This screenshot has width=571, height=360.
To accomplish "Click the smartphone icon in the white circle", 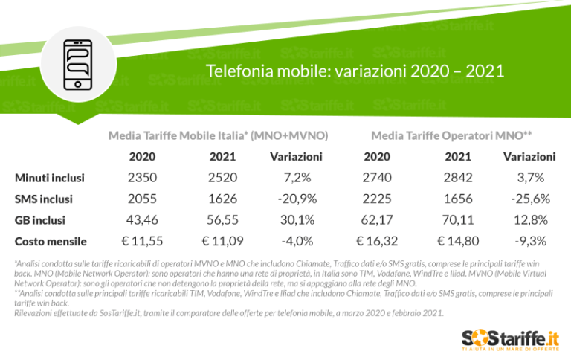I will coord(78,64).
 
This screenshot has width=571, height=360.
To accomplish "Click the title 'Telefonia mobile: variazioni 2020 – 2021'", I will coord(355,72).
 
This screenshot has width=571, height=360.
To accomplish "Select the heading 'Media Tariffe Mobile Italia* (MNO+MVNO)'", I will coord(219,135).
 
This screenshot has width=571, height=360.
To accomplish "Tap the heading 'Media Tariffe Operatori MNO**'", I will coord(451,135).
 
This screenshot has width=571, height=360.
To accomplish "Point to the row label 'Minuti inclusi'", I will coord(50,178).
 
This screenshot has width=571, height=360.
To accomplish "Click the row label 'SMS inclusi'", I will coord(44,199).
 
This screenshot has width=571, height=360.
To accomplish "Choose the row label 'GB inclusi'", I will coord(40,220).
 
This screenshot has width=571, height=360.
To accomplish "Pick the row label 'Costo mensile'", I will coord(51,241).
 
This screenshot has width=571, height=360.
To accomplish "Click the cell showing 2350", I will coord(142,178).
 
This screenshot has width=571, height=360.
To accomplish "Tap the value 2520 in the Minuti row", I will coord(223,178).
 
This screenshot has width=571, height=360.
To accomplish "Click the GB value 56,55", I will coord(223,220).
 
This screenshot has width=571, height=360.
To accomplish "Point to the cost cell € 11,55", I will coord(142,241).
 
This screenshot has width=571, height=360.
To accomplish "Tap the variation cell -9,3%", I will coord(531,241).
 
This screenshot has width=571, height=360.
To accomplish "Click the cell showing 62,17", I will coord(377,220).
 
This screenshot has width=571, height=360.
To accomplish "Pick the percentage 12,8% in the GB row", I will coord(531,220).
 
